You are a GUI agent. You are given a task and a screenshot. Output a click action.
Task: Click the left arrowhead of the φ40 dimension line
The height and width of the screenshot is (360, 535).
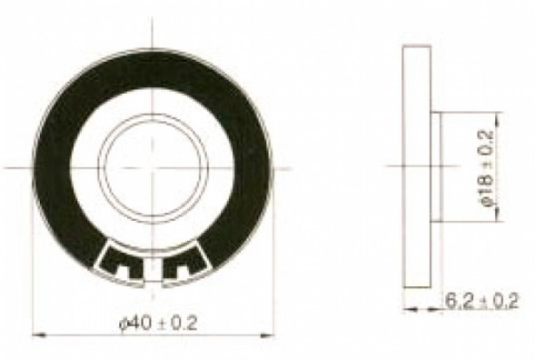[x=36, y=332]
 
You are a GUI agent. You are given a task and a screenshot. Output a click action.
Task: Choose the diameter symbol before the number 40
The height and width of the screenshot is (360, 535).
[x=124, y=321]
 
